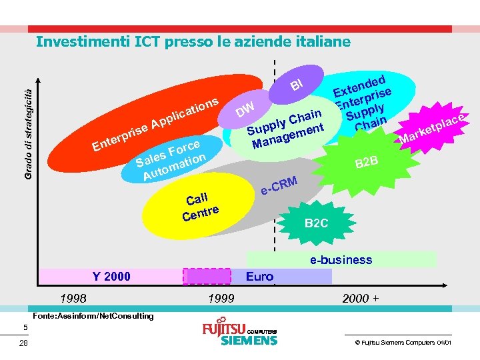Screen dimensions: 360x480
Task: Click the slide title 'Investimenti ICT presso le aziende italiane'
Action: coord(193,42)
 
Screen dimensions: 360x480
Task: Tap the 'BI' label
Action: coord(297,84)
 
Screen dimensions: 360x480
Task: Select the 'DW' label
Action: coord(245,108)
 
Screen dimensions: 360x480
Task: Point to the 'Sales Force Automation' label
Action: coord(171,161)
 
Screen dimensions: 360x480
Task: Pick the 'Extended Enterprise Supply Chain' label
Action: coord(363,99)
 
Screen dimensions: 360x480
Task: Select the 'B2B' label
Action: coord(366,162)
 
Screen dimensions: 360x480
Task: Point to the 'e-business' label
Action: coord(341,260)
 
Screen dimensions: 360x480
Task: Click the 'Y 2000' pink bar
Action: coord(111,276)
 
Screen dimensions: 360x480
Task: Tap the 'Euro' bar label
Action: coord(259,276)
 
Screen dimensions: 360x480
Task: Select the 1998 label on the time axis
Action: coord(73,298)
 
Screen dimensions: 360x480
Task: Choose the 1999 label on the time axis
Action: coord(221,298)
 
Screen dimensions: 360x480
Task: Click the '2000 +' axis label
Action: coord(360,298)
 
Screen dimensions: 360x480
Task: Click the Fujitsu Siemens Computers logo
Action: coord(239,333)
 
